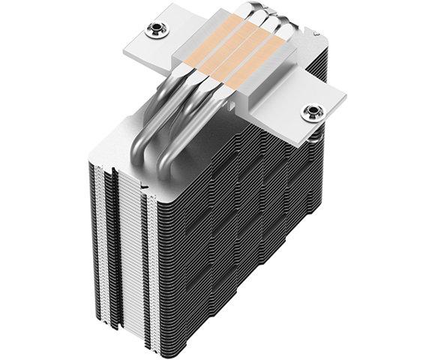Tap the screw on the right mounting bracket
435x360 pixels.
coord(310,113)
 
